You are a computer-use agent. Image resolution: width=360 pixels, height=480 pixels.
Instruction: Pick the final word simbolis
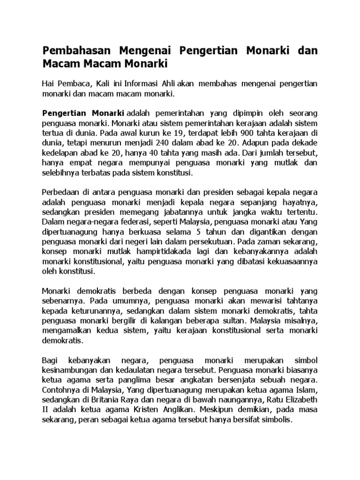pyautogui.click(x=275, y=420)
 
